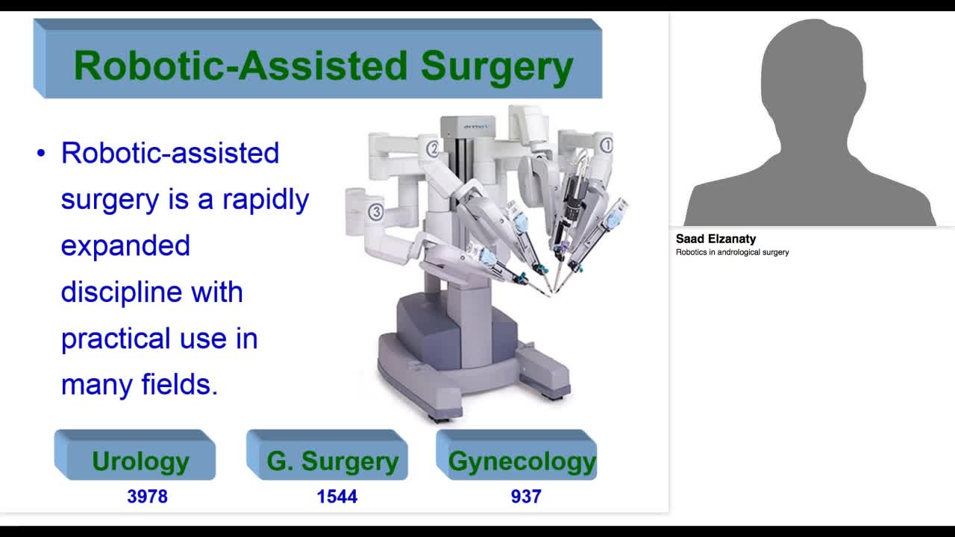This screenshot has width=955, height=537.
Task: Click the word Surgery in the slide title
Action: (x=497, y=66)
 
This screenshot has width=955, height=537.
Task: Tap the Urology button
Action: (x=140, y=460)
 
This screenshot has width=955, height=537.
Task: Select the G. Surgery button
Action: (x=333, y=460)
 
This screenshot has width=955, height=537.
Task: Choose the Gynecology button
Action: (x=522, y=461)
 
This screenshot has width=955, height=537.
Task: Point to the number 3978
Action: (x=147, y=496)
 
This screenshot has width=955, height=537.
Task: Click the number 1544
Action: (x=336, y=496)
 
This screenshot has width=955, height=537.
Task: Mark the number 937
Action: (x=525, y=496)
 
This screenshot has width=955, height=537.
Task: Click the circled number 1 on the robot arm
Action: (x=606, y=145)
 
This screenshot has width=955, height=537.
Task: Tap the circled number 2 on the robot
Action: (x=432, y=148)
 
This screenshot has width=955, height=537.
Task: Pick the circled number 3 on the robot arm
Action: (x=375, y=213)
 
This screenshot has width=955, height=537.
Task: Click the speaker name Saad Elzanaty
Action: (x=716, y=239)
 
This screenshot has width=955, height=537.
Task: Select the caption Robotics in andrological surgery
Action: (x=732, y=252)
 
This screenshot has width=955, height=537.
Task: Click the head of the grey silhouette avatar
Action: (x=812, y=75)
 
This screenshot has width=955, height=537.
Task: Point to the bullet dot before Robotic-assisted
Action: (x=41, y=154)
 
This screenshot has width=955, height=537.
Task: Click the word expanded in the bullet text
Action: (x=125, y=245)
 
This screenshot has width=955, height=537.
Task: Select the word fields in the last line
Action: (x=179, y=385)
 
